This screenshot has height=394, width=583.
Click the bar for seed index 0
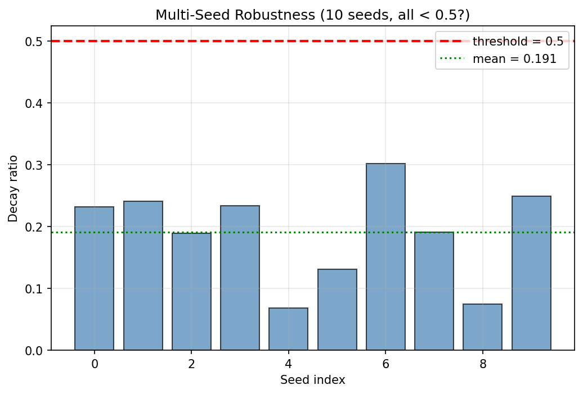coord(95,278)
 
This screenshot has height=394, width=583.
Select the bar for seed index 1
coord(143,275)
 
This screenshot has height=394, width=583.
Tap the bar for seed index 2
coord(191,291)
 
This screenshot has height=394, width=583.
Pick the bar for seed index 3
coord(240,278)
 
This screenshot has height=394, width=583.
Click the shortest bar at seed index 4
coord(289,329)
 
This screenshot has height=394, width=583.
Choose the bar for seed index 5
coord(337,310)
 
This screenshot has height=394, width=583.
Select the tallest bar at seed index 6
coord(385,257)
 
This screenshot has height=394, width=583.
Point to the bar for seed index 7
coord(434,291)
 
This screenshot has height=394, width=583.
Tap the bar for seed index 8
coord(483,327)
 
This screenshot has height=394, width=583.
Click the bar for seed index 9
coord(531,273)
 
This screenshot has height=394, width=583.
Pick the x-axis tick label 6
coord(385,364)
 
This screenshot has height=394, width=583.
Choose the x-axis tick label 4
coord(289,364)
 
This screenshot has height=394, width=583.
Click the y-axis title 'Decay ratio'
coord(13,188)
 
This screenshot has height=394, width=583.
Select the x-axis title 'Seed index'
coord(313,381)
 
